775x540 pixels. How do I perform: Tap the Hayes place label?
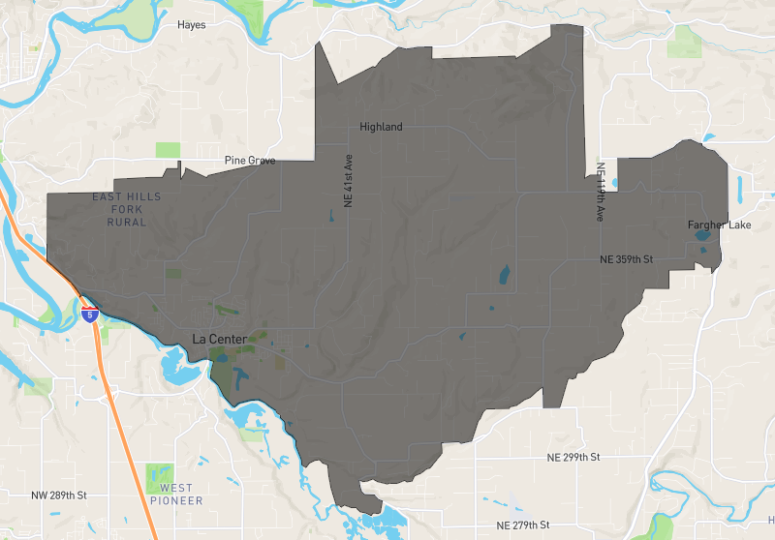click(192, 25)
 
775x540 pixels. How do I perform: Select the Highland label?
click(381, 127)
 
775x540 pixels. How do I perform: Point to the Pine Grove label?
click(250, 161)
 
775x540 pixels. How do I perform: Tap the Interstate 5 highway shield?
click(89, 315)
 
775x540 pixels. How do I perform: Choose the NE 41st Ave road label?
click(347, 182)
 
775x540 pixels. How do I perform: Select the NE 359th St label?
click(627, 260)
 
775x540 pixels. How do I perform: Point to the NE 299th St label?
click(573, 457)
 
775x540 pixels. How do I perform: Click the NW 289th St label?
click(59, 495)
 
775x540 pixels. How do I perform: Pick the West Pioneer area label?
click(176, 495)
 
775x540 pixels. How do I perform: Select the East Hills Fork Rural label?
click(127, 209)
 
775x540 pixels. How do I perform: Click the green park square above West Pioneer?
click(159, 475)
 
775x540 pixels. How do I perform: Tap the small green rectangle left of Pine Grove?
click(168, 150)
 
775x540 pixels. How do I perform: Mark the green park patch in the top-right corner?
click(685, 41)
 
